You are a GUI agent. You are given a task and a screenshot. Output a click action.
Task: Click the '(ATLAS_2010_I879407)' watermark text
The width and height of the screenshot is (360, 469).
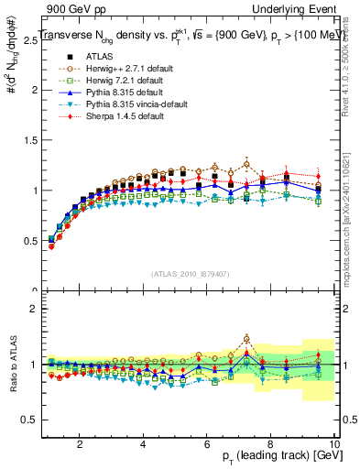(x=190, y=274)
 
